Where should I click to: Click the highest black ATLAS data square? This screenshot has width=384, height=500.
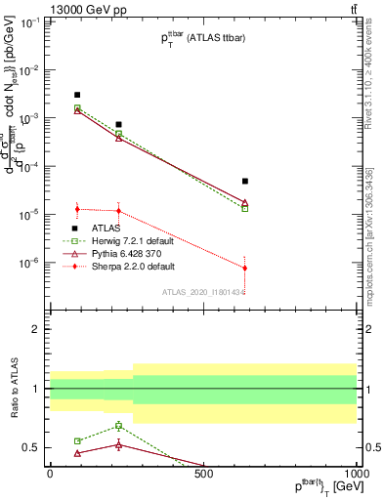coord(77,95)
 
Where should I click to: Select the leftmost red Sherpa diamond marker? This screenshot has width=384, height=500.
coord(77,209)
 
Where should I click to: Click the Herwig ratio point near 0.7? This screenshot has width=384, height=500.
coord(119,426)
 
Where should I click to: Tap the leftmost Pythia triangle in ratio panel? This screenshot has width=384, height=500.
coord(77,453)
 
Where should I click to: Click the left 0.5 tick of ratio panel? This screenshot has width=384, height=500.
coord(33,448)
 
